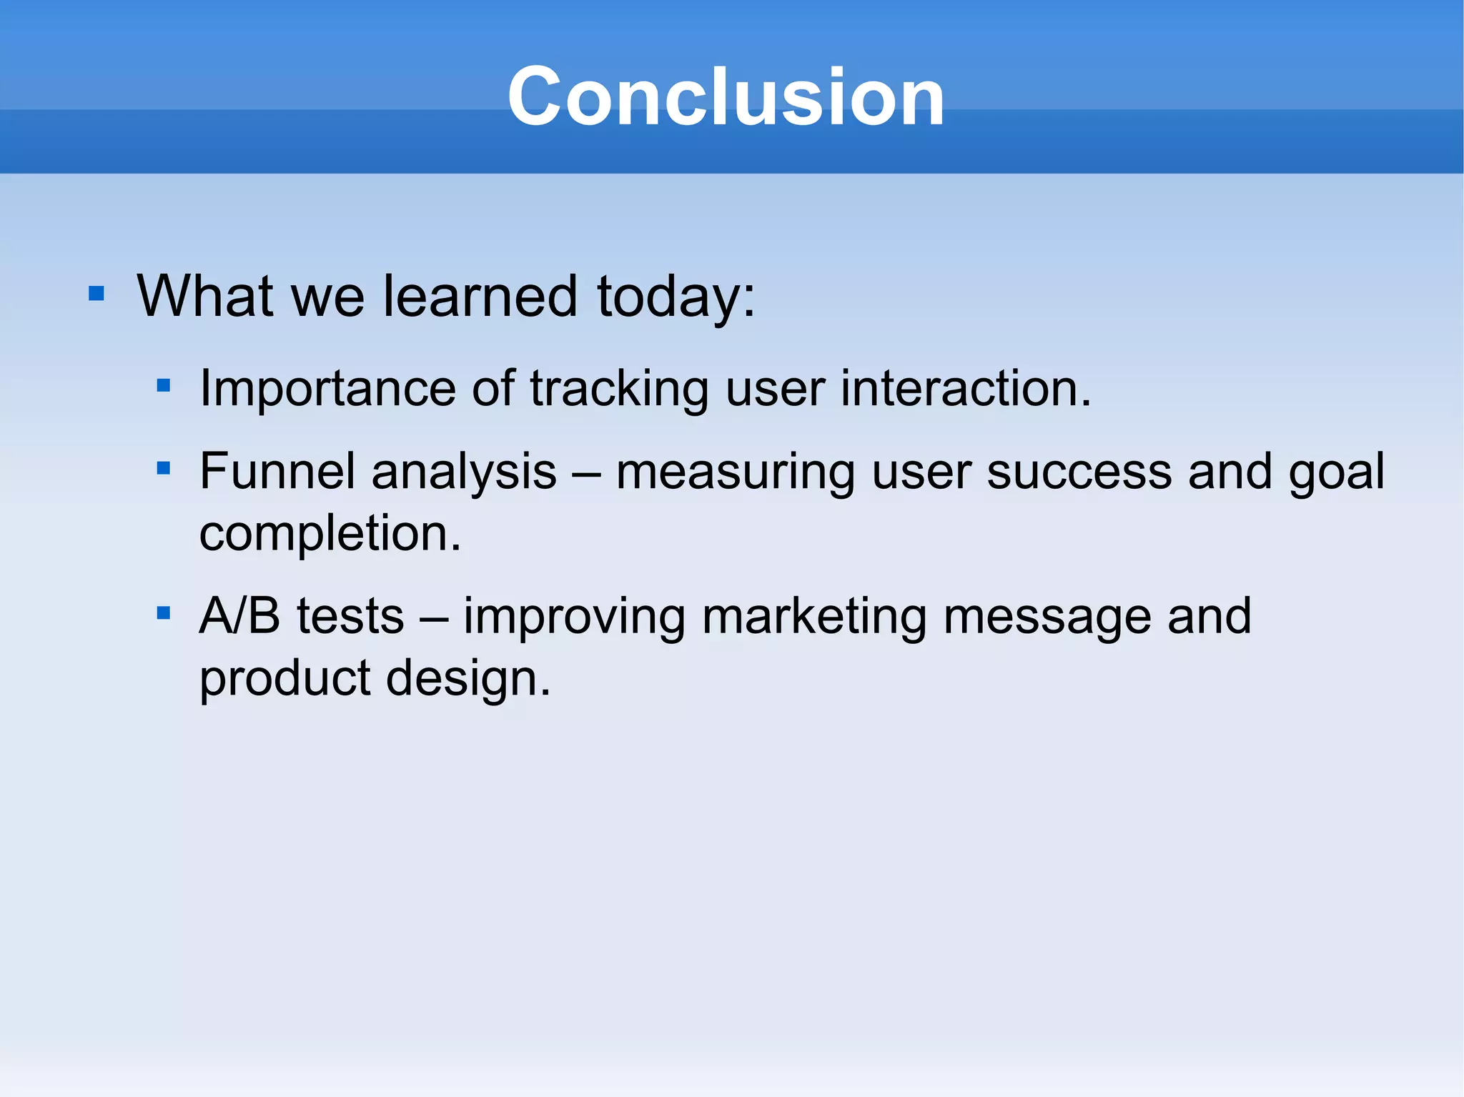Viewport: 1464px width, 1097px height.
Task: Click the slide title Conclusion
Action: click(726, 96)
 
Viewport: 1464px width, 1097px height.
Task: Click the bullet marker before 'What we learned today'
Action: click(97, 293)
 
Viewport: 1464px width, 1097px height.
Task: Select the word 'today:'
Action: click(676, 297)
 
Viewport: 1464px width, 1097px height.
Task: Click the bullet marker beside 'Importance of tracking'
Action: click(164, 386)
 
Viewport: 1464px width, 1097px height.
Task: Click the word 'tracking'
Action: click(618, 389)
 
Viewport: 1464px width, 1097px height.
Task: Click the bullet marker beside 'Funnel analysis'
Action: click(164, 469)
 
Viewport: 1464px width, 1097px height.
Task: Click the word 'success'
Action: click(1079, 472)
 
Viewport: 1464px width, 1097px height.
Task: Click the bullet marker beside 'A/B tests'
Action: click(164, 612)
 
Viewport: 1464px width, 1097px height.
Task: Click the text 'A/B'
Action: click(239, 615)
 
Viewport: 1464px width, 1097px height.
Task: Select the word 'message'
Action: click(1047, 617)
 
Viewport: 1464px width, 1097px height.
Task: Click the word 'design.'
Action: click(468, 678)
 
